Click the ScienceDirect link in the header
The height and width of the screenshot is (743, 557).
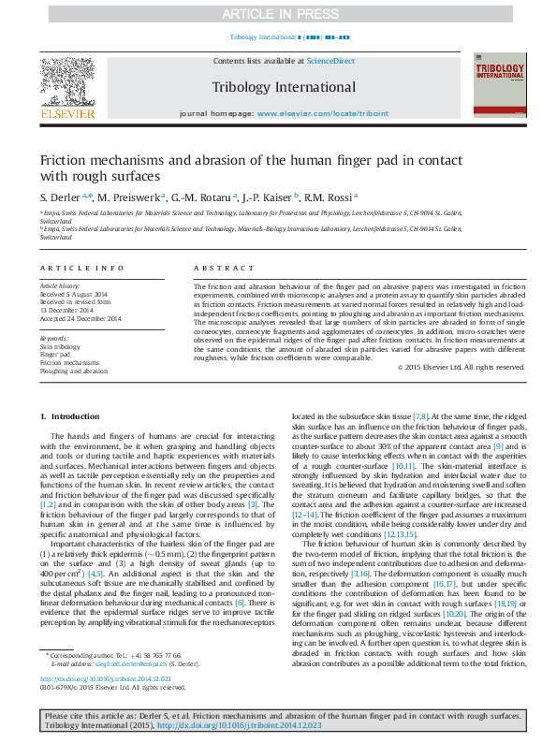pyautogui.click(x=331, y=61)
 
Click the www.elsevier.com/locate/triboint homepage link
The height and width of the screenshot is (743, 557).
pyautogui.click(x=322, y=112)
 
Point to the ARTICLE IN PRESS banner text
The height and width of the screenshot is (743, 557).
pyautogui.click(x=278, y=14)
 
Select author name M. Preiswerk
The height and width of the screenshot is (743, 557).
pyautogui.click(x=130, y=197)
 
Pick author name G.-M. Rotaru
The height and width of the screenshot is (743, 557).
pyautogui.click(x=201, y=197)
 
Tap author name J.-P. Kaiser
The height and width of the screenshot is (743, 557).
pyautogui.click(x=266, y=197)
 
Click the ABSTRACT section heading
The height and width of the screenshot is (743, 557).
pyautogui.click(x=217, y=269)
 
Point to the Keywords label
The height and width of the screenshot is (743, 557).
pyautogui.click(x=53, y=338)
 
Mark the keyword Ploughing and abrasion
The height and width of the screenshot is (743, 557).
pyautogui.click(x=74, y=371)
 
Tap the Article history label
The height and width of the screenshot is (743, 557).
pyautogui.click(x=60, y=284)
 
